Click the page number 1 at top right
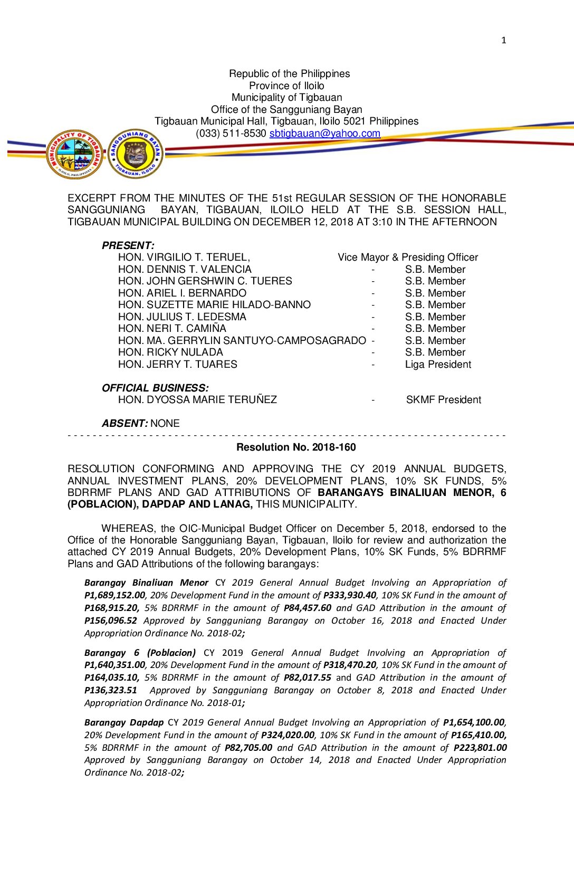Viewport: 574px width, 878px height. (x=503, y=41)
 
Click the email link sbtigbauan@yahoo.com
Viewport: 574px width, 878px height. (x=324, y=133)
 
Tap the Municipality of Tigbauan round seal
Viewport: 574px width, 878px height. (x=75, y=154)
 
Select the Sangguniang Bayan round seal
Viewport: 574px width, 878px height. (x=136, y=154)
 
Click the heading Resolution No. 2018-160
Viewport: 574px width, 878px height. (x=296, y=447)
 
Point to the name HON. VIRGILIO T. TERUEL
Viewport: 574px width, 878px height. (x=184, y=257)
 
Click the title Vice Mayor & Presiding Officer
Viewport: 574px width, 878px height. (x=408, y=257)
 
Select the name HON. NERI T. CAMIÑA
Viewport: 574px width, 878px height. (x=172, y=329)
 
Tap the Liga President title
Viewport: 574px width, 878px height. (x=438, y=365)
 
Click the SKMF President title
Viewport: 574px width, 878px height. (x=443, y=400)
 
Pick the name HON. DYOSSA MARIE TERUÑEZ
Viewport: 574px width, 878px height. (x=197, y=400)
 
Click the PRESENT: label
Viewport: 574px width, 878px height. (x=128, y=246)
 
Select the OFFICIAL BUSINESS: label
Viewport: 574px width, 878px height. (x=155, y=388)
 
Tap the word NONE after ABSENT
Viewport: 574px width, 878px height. (x=165, y=424)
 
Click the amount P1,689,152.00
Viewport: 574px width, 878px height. (x=114, y=596)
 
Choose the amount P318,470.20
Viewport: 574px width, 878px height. (x=350, y=665)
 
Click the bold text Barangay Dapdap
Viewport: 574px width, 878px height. (x=123, y=722)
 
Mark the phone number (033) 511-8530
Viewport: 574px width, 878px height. (x=231, y=133)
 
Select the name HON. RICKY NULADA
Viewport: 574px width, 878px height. (x=170, y=352)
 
